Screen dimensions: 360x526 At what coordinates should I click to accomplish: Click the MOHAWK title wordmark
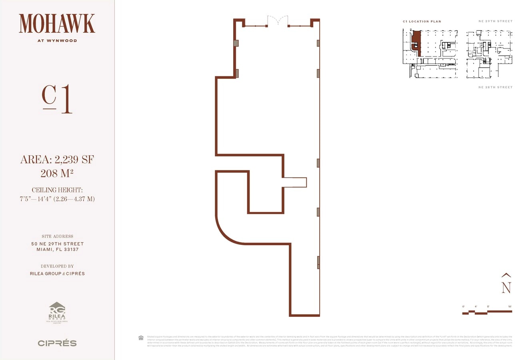(57, 24)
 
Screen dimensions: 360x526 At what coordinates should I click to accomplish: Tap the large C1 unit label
(57, 100)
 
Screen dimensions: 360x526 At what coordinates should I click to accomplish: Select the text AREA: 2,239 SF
(57, 160)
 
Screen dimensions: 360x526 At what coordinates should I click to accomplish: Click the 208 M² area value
(57, 174)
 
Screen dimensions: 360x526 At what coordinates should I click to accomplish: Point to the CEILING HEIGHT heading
(57, 190)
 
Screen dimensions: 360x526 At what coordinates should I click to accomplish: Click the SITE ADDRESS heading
(57, 236)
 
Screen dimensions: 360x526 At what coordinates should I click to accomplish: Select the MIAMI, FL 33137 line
(57, 250)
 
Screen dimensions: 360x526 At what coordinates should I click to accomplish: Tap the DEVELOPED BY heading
(57, 266)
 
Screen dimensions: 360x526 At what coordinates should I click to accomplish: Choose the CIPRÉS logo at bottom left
(57, 343)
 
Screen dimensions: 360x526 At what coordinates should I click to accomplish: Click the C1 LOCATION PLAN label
(422, 21)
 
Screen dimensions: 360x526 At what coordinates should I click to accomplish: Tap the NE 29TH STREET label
(495, 21)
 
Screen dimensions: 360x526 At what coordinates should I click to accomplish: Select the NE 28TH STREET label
(495, 87)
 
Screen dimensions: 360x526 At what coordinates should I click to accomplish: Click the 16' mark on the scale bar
(510, 306)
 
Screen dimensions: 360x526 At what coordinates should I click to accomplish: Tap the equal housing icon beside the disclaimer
(141, 338)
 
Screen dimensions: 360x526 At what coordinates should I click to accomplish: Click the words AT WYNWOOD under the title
(57, 40)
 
